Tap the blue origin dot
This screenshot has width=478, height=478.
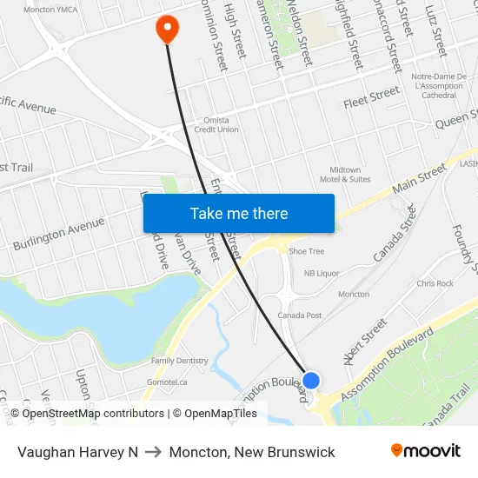coord(311,381)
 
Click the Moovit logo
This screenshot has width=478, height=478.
coord(426,451)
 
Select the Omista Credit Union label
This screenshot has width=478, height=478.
coord(216,125)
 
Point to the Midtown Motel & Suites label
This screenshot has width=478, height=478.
coord(350,174)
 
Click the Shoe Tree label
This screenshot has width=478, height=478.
coord(306,251)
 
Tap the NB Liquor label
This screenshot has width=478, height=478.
coord(322,273)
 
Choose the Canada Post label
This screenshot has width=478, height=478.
coord(300,315)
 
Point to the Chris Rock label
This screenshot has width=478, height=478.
coord(435,283)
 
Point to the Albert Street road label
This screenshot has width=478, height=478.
coord(366,342)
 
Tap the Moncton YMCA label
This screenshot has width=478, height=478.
coord(50,10)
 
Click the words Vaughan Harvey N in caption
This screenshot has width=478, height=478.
coord(77,452)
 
